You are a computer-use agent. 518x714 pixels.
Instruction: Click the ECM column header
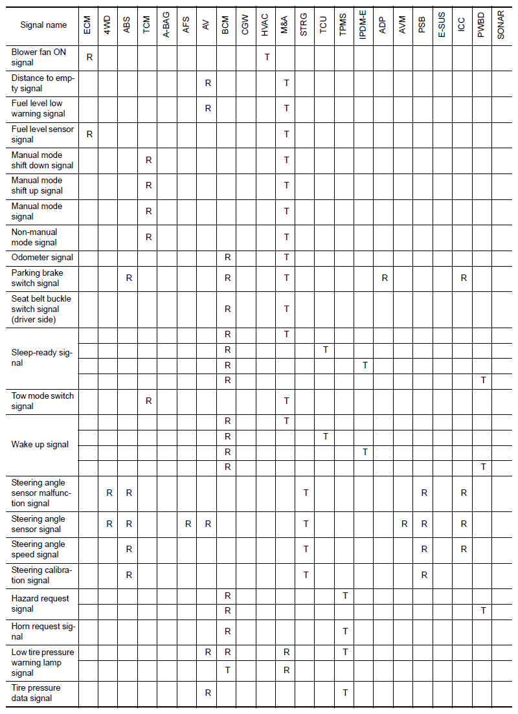point(89,25)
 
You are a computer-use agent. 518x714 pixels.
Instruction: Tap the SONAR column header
point(502,25)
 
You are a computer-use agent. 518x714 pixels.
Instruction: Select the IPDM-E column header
point(364,25)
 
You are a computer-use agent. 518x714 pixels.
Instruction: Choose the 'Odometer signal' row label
point(42,257)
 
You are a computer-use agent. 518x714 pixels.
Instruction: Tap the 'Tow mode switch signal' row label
point(42,401)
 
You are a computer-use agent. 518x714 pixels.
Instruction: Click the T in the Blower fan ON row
point(267,57)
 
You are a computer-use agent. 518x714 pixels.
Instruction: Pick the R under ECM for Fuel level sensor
point(89,134)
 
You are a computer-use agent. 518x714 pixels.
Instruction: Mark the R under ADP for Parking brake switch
point(385,278)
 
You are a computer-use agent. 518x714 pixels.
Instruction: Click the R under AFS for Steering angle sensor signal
point(188,524)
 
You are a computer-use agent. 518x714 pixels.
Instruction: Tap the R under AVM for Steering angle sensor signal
point(404,524)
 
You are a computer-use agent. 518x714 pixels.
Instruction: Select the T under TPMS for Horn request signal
point(345,630)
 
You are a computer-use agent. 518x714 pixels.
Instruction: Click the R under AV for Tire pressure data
point(208,693)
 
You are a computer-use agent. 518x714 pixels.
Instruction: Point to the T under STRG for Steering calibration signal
point(306,574)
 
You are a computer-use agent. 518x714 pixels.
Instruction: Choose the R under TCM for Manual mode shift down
point(148,160)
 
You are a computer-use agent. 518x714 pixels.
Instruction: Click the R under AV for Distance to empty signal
point(208,83)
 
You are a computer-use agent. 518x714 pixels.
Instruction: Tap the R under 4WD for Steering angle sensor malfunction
point(109,493)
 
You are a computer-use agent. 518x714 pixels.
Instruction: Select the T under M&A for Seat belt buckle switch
point(286,309)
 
